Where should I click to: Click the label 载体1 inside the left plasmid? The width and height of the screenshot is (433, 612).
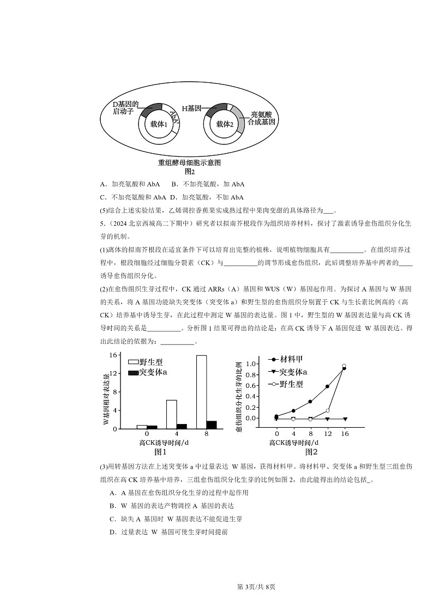(x=159, y=125)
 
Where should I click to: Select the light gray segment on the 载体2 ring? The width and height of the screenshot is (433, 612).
(x=239, y=120)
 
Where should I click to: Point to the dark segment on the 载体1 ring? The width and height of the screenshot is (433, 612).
(x=151, y=107)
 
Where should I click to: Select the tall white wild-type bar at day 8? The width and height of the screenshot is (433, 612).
(x=201, y=392)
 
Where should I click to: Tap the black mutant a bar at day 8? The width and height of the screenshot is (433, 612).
(x=212, y=425)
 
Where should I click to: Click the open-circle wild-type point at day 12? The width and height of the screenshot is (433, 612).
(x=327, y=410)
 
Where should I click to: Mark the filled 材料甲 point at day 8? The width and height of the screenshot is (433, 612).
(x=310, y=402)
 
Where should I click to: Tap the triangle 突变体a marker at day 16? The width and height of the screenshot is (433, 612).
(x=345, y=419)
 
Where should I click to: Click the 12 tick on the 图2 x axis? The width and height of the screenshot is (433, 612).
(x=327, y=433)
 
